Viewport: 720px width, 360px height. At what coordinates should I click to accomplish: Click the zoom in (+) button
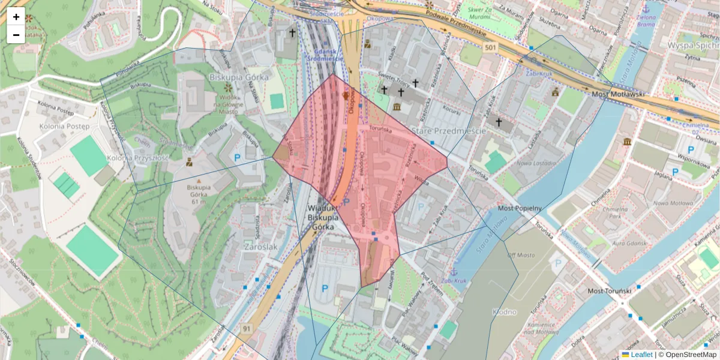16,17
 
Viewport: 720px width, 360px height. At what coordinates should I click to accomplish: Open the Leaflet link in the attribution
641,355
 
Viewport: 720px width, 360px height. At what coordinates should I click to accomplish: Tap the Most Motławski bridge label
618,94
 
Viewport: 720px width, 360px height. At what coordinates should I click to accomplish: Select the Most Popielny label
520,208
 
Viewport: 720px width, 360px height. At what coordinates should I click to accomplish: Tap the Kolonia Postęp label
64,127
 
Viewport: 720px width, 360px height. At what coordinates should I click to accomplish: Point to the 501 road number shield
491,47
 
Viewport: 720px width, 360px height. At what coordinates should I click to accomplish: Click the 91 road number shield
247,329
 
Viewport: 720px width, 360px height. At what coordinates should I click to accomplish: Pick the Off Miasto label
520,255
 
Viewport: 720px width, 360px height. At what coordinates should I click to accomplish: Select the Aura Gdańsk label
629,243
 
